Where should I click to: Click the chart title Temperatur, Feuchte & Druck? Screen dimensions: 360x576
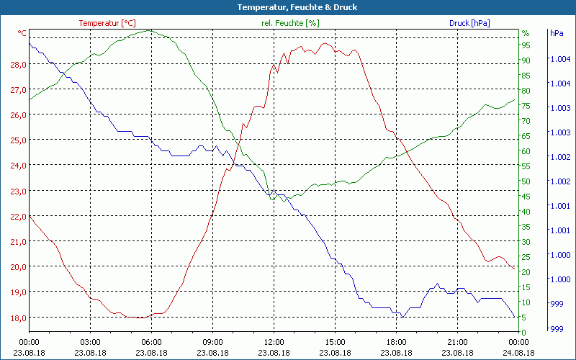click(x=287, y=7)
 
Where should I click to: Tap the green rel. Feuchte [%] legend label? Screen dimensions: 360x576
click(x=290, y=23)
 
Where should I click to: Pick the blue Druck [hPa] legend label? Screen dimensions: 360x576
click(x=469, y=23)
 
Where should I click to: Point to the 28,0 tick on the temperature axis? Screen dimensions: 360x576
click(x=18, y=64)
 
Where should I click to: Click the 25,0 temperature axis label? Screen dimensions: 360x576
click(x=18, y=140)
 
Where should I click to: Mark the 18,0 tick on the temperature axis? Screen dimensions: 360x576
click(x=18, y=318)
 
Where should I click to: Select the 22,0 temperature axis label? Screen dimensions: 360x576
click(x=18, y=216)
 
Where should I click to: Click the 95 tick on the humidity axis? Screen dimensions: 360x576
click(x=526, y=45)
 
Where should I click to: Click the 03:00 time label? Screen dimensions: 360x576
click(x=90, y=342)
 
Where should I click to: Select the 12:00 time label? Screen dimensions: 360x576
click(x=274, y=342)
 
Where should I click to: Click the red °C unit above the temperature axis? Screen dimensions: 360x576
click(x=22, y=33)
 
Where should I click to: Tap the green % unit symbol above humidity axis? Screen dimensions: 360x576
click(x=526, y=33)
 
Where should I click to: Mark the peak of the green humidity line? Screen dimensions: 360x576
click(x=149, y=30)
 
